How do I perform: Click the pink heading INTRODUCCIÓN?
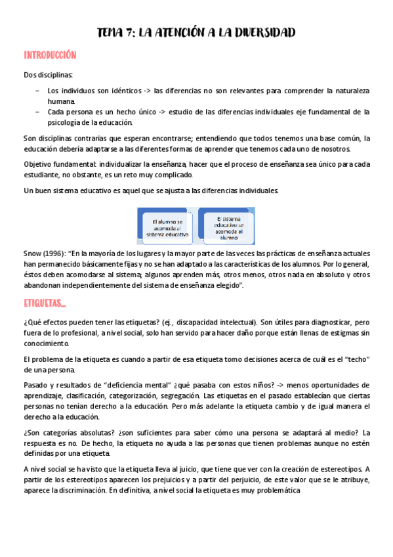[x=50, y=55]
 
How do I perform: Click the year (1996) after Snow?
[x=54, y=253]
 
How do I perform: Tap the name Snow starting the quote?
[x=31, y=253]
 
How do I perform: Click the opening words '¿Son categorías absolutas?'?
[x=66, y=432]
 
